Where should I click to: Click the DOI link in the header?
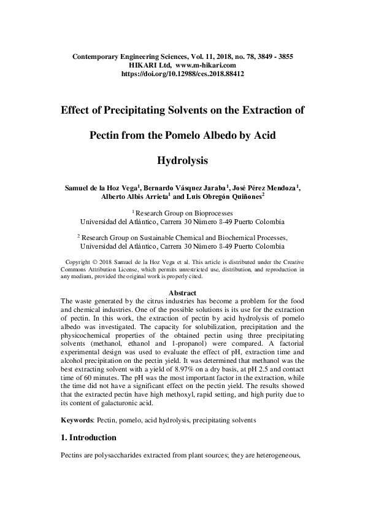tap(183, 73)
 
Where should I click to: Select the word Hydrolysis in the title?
tap(183, 161)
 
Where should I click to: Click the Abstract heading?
tap(182, 293)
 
